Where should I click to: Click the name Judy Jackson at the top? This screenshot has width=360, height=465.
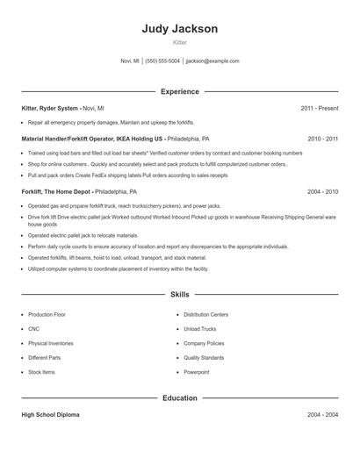[x=179, y=28]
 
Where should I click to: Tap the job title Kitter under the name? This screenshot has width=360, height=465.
[x=179, y=42]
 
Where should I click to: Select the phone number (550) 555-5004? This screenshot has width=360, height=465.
[x=162, y=61]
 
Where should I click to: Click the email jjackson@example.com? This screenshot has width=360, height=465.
[x=212, y=61]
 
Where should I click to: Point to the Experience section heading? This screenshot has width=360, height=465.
[x=179, y=91]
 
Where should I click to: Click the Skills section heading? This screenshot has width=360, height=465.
[x=179, y=295]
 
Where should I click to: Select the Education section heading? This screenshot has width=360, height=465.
[x=179, y=398]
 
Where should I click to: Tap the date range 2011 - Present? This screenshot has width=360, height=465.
[x=319, y=108]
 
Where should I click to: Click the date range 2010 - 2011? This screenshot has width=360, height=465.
[x=322, y=139]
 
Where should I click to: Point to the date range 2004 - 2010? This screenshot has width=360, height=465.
[x=322, y=190]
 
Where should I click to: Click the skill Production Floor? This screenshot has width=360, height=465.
[x=47, y=313]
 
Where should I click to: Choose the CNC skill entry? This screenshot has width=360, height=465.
[x=34, y=328]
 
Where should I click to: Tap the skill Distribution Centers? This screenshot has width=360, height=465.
[x=206, y=313]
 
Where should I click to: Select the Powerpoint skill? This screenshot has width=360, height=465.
[x=198, y=372]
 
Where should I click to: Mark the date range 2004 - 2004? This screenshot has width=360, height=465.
[x=322, y=414]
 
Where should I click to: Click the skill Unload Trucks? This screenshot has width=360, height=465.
[x=199, y=328]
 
